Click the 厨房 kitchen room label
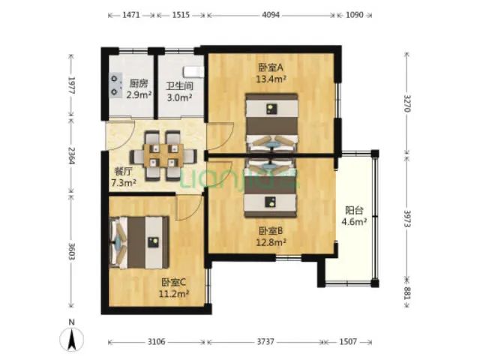pyautogui.click(x=138, y=83)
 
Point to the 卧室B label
pyautogui.click(x=271, y=231)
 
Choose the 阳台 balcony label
pyautogui.click(x=355, y=211)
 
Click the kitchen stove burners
pyautogui.click(x=115, y=84)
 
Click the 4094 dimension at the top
pyautogui.click(x=271, y=14)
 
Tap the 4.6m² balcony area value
pyautogui.click(x=355, y=222)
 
